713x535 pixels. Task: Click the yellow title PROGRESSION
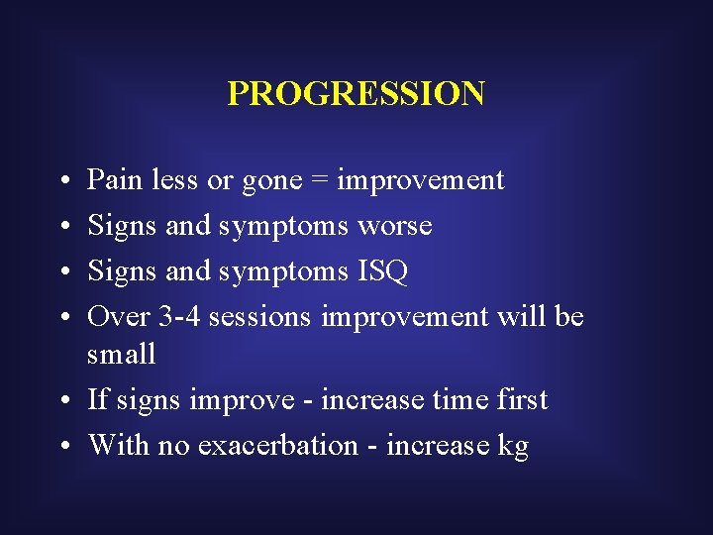356,93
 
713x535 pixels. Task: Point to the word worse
394,227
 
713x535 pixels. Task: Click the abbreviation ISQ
381,271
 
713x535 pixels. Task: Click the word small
122,354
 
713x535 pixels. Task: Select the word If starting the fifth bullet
98,399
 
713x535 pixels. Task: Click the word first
520,399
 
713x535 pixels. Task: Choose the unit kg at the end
513,447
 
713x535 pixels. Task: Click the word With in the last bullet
111,445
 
